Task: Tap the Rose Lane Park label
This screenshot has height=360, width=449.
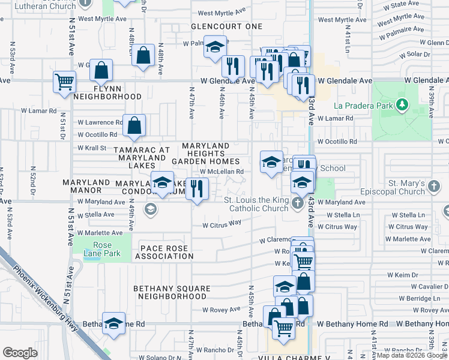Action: pos(106,249)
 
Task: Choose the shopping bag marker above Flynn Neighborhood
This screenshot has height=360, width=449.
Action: pos(101,71)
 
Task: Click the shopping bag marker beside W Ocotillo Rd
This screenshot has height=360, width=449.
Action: pos(135,125)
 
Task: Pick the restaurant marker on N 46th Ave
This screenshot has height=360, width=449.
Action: pos(232,65)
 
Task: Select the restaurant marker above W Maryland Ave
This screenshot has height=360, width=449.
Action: pos(196,190)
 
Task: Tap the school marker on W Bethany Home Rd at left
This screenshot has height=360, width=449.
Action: pos(113,323)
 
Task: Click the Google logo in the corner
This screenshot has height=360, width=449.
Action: pos(20,353)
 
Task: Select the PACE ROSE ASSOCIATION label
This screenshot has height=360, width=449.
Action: pos(164,252)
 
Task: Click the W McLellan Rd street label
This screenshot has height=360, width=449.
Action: pos(221,172)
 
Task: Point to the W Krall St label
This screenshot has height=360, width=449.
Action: pos(91,148)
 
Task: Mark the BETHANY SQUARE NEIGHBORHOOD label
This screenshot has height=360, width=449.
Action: pos(172,292)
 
